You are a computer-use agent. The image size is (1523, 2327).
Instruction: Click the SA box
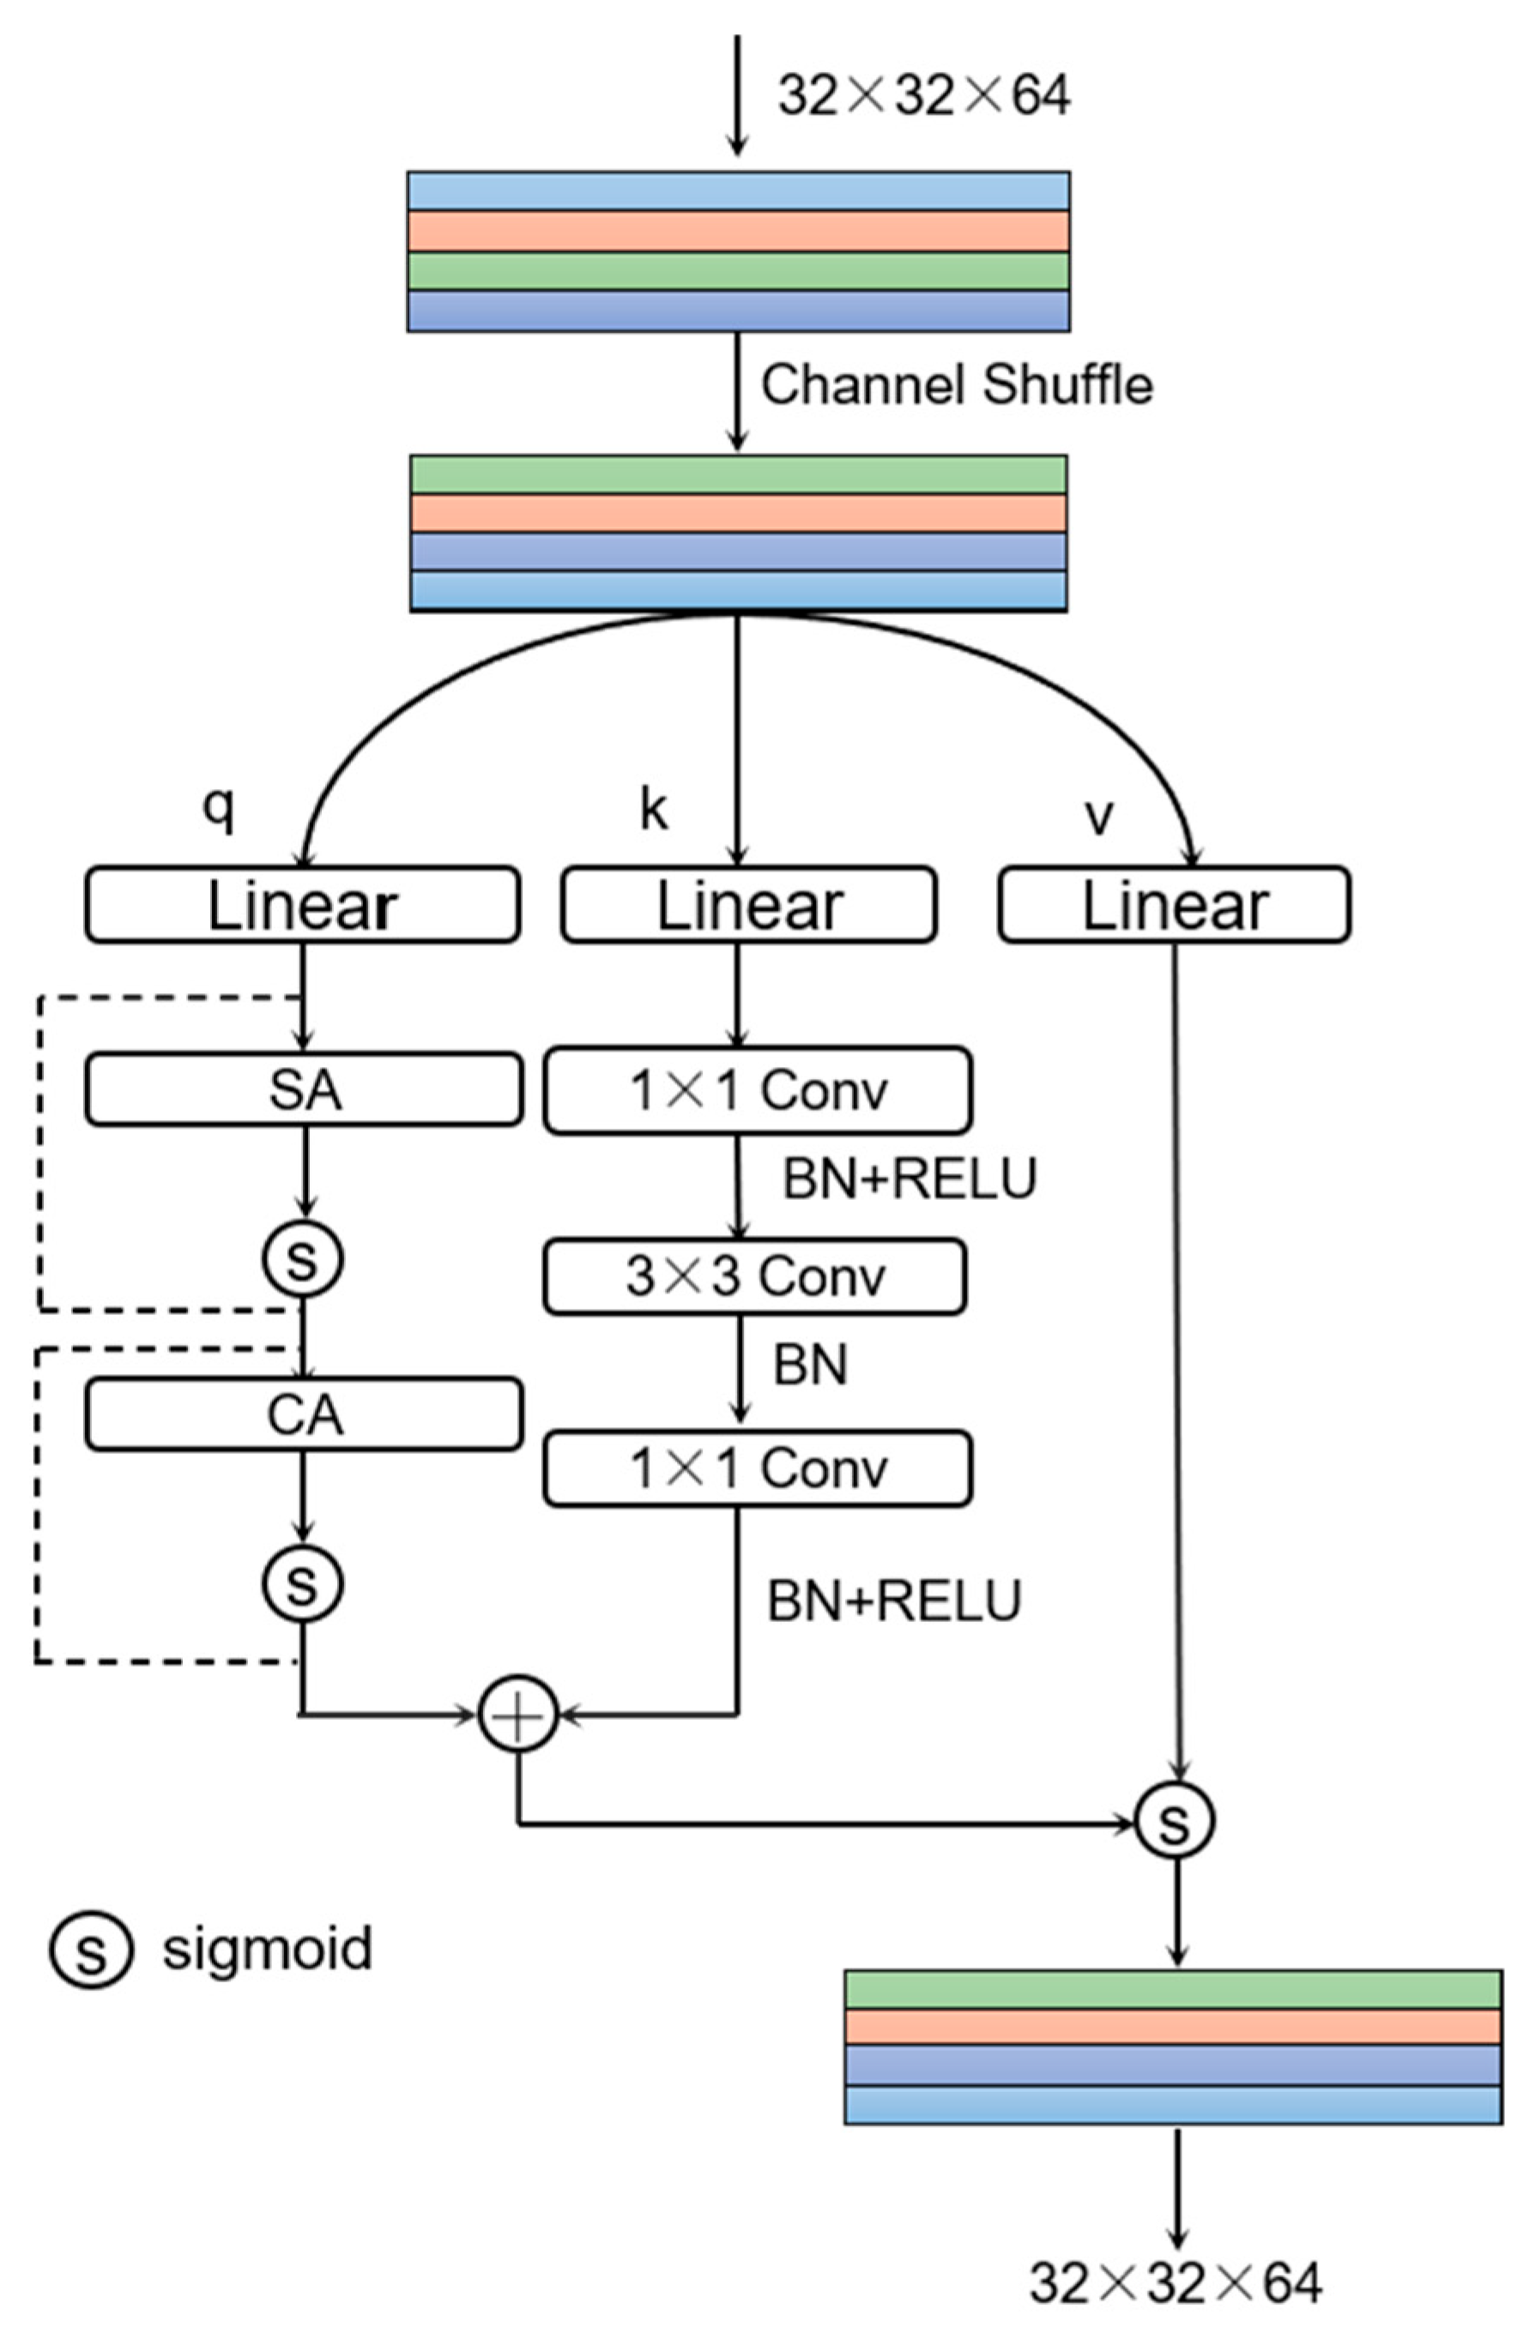[x=303, y=1089]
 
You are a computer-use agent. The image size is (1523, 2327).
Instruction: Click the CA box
[x=303, y=1414]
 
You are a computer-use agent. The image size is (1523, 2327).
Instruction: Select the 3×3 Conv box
[x=754, y=1276]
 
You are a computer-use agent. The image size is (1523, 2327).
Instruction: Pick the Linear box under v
[x=1174, y=906]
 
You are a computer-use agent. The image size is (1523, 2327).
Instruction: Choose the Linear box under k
[x=748, y=906]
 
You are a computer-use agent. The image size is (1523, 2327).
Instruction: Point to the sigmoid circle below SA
[x=303, y=1258]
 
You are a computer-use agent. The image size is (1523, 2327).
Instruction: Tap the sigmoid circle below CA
[x=303, y=1583]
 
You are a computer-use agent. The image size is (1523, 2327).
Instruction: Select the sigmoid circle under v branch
[x=1174, y=1821]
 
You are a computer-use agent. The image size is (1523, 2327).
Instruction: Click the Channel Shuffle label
[x=957, y=384]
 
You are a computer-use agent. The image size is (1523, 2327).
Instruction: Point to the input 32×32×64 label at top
[x=923, y=96]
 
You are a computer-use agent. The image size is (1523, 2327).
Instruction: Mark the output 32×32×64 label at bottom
[x=1175, y=2283]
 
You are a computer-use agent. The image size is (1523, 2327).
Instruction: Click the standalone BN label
[x=810, y=1365]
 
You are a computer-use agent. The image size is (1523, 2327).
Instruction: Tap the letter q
[x=218, y=811]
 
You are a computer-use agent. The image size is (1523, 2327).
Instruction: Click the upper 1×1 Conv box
[x=757, y=1090]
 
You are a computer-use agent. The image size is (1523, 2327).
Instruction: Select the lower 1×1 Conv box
[x=757, y=1468]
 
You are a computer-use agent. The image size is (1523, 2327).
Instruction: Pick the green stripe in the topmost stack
[x=739, y=271]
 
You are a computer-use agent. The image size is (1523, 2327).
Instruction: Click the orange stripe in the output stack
[x=1172, y=2026]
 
